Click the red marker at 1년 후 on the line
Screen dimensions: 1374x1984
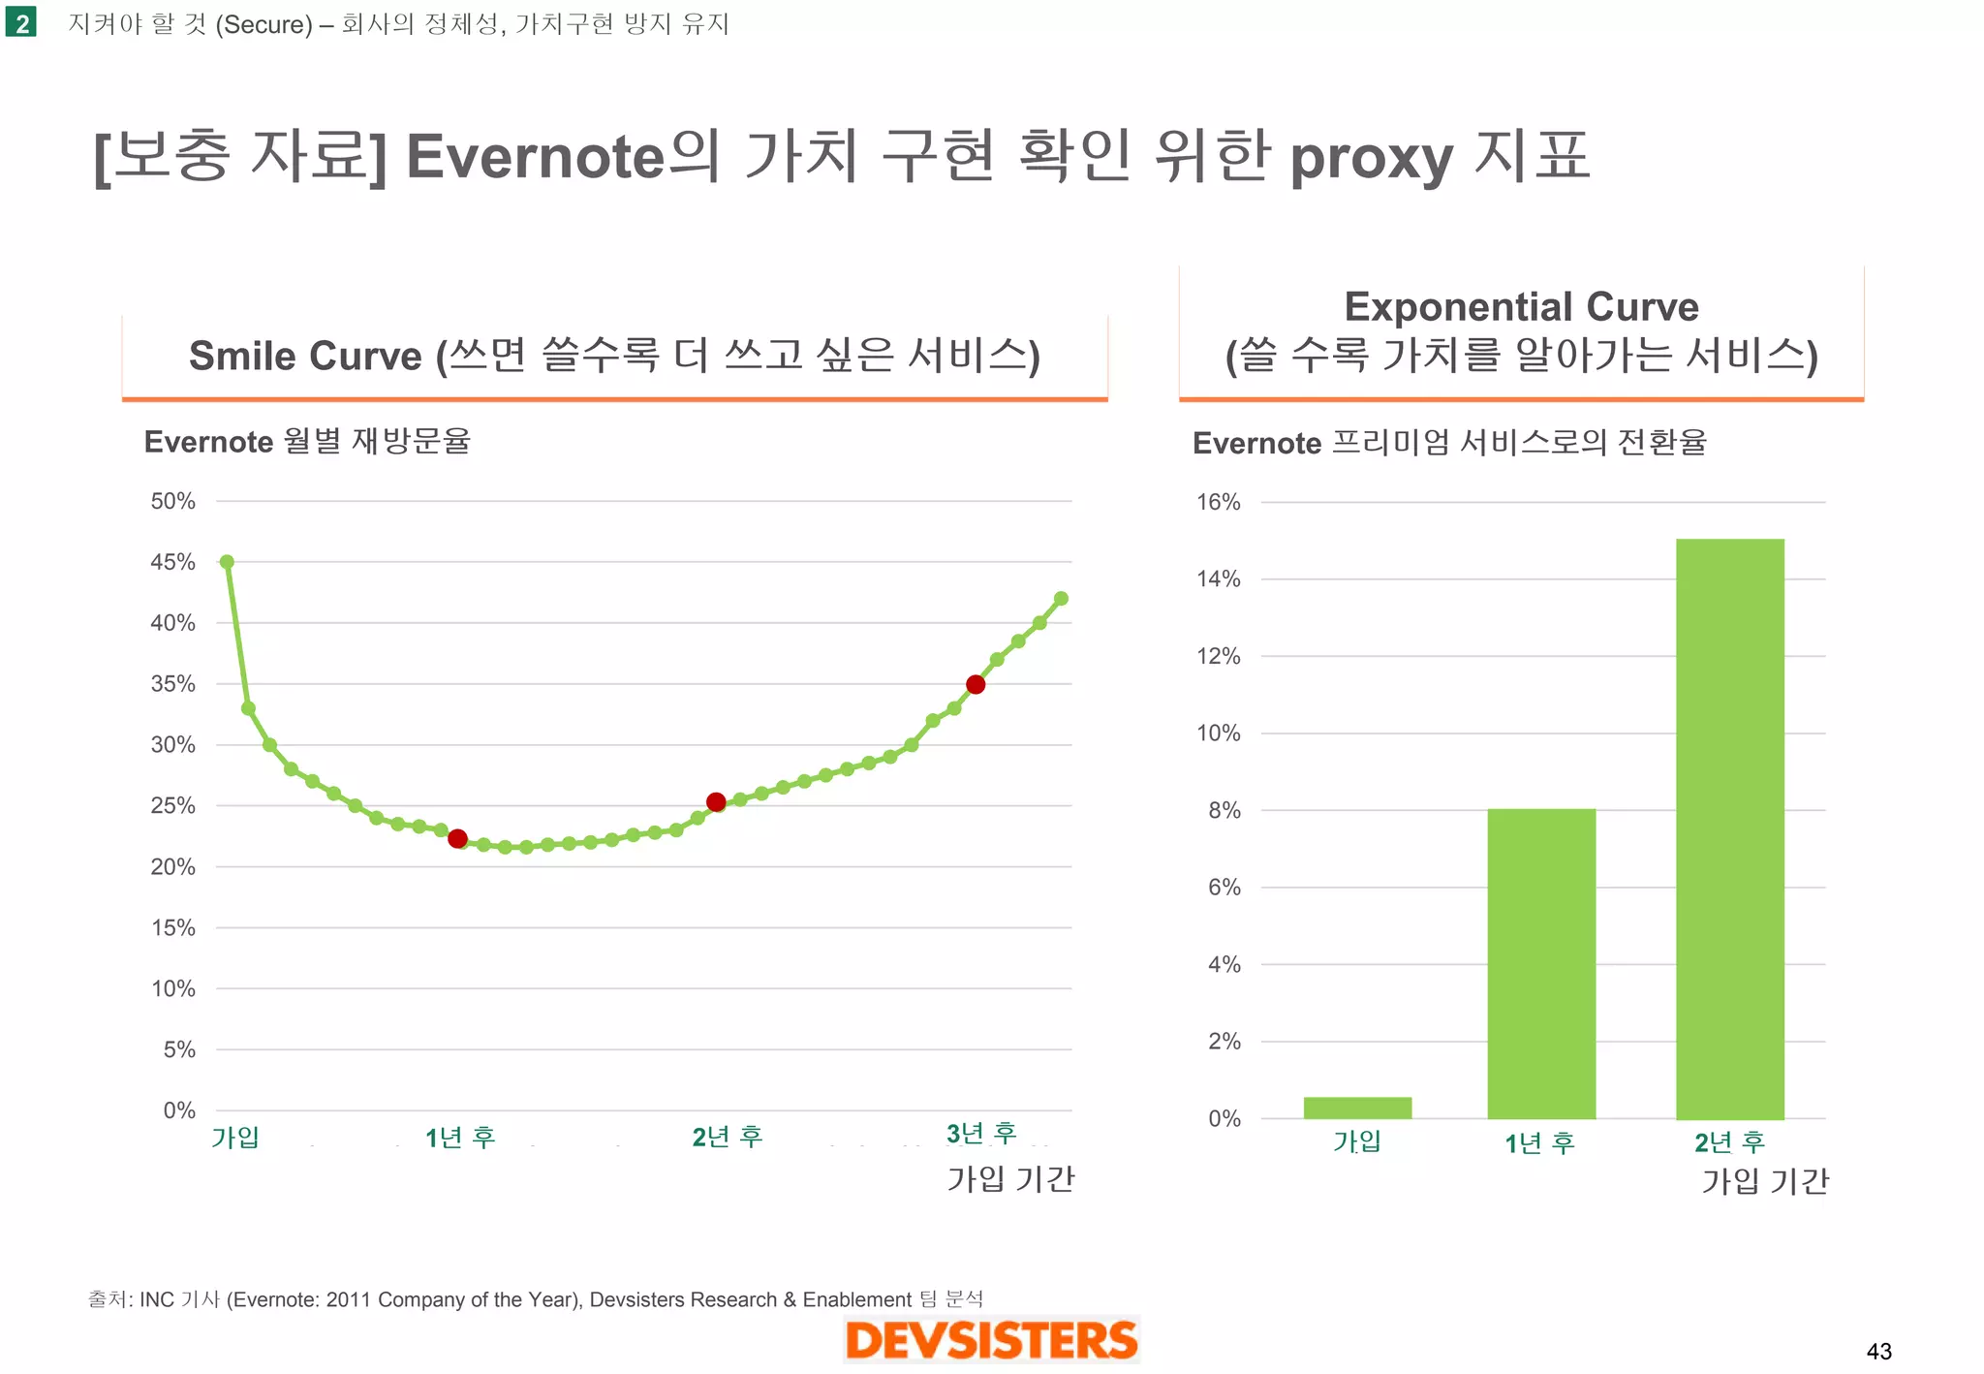point(458,838)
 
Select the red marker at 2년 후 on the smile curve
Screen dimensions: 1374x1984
point(716,801)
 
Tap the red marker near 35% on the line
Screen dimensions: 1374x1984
point(976,684)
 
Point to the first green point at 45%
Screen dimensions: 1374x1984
point(227,562)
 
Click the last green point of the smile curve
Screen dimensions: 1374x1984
point(1061,599)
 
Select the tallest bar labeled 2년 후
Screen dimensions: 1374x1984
point(1729,828)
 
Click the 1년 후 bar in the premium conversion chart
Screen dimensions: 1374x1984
point(1541,963)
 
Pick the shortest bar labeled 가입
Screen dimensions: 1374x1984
point(1357,1108)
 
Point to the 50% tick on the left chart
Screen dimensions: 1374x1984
point(172,502)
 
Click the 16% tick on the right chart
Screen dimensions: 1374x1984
point(1218,502)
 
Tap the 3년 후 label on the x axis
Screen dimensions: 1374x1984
point(981,1133)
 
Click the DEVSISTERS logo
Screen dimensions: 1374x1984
point(991,1340)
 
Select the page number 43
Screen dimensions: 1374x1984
point(1878,1351)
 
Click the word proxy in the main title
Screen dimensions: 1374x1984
point(1371,159)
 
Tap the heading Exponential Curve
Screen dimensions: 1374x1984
point(1521,307)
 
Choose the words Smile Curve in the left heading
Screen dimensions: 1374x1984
point(305,356)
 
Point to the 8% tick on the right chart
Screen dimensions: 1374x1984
point(1224,810)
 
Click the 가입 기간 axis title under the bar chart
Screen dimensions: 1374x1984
point(1765,1180)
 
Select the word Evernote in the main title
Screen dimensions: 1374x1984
point(536,157)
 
